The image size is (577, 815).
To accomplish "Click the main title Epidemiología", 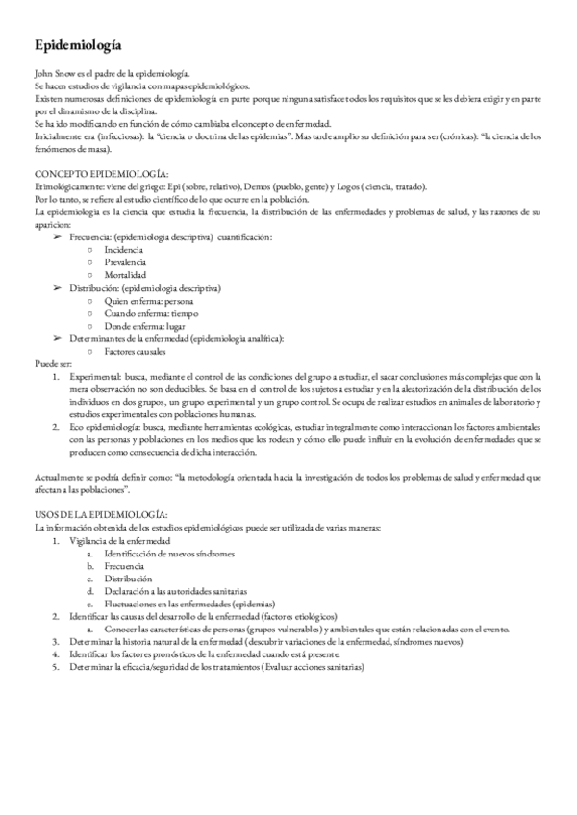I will (x=77, y=45).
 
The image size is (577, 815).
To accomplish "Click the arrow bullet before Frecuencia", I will (x=59, y=235).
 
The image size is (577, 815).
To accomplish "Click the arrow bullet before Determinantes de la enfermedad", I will (x=59, y=339).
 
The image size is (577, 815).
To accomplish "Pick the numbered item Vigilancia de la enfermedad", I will (x=119, y=541).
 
